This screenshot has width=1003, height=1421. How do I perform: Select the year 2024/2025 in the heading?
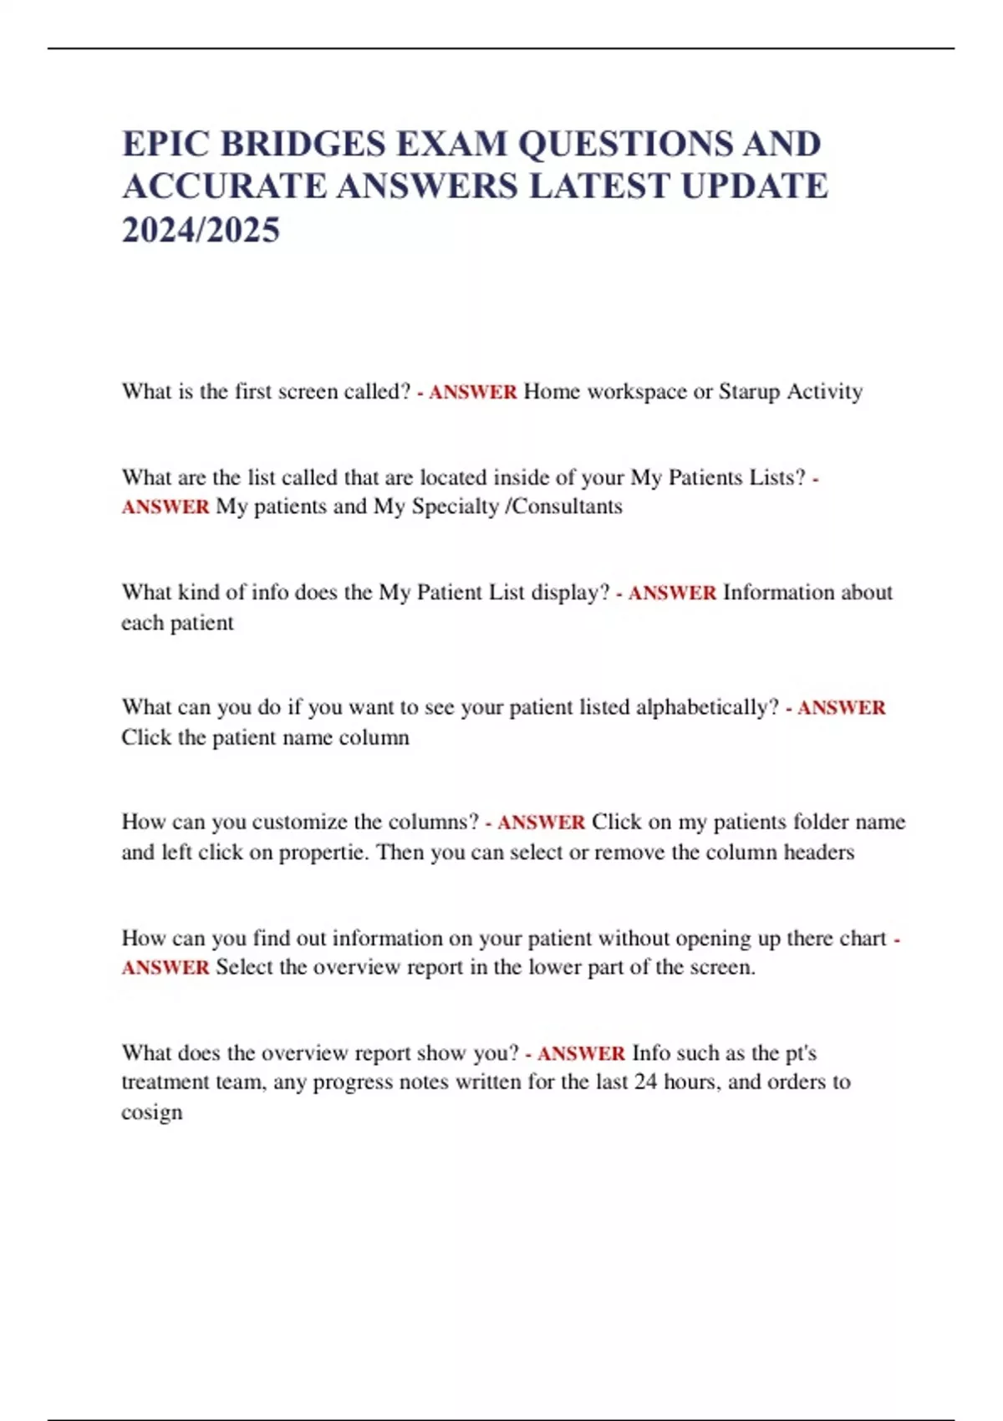point(201,230)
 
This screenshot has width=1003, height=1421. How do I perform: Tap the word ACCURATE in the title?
point(224,186)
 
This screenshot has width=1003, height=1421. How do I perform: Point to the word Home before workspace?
point(552,391)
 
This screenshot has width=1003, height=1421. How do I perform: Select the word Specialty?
point(455,507)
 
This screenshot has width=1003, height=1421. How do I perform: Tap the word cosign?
point(151,1113)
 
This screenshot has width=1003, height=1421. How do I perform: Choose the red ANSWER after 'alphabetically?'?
point(841,708)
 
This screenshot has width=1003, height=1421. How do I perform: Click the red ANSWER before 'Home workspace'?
point(472,392)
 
